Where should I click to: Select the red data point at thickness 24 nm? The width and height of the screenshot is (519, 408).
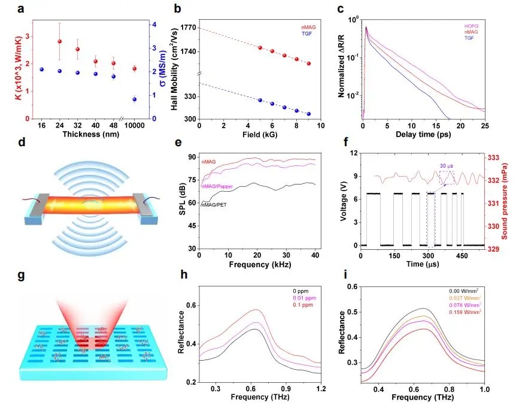[x=59, y=41]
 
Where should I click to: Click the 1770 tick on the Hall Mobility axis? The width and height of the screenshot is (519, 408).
[x=187, y=28]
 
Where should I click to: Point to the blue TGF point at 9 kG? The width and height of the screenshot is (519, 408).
[x=308, y=114]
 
